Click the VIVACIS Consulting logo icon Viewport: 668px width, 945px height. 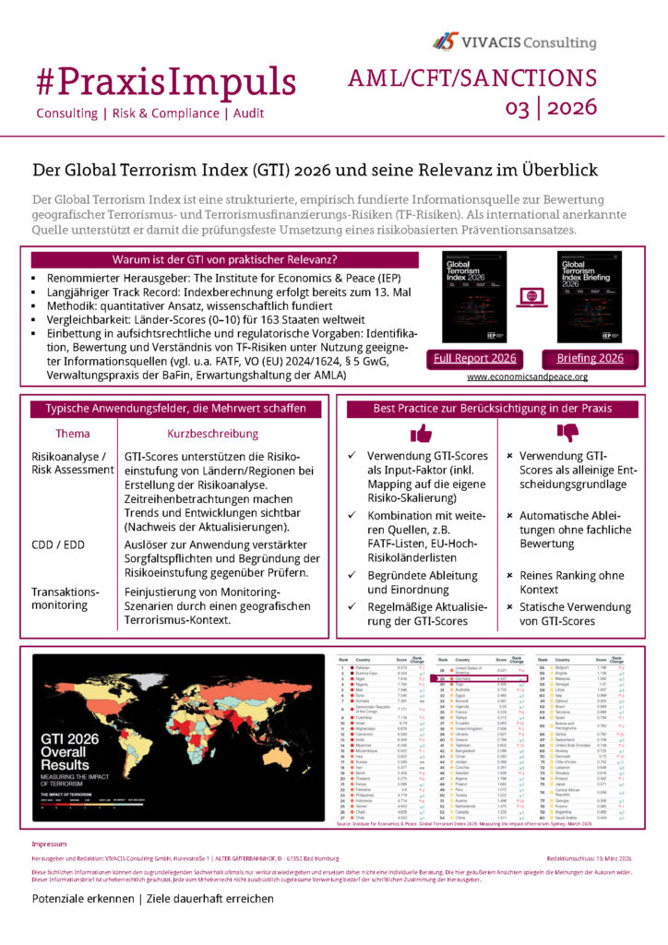pos(447,41)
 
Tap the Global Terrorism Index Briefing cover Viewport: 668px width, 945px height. pos(590,296)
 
